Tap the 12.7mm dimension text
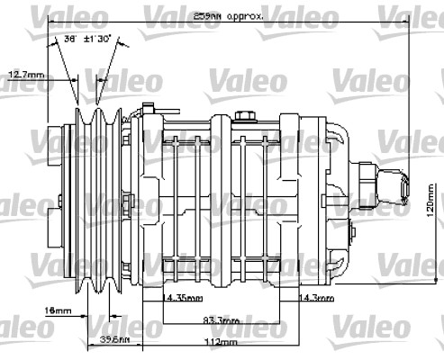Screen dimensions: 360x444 27,73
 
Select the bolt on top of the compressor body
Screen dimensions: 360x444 244,114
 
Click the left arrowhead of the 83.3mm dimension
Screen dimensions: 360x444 163,324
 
